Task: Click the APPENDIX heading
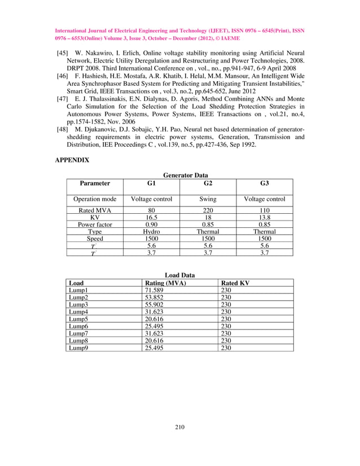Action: [x=72, y=160]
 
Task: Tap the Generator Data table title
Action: [x=182, y=175]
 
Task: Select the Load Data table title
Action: [x=179, y=275]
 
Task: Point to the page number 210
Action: [x=179, y=427]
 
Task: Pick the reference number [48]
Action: [x=62, y=129]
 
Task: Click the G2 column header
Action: [x=208, y=183]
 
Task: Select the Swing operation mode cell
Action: [x=208, y=199]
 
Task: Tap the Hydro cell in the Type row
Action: [x=151, y=231]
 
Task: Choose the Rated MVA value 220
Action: [x=208, y=210]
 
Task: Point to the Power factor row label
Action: [x=95, y=224]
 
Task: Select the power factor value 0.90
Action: [x=151, y=224]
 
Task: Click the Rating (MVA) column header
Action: [x=165, y=283]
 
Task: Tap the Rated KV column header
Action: [x=235, y=283]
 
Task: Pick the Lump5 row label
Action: [x=79, y=319]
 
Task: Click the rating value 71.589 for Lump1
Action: [x=156, y=290]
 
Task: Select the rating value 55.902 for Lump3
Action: [x=156, y=304]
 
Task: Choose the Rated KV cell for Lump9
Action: [x=226, y=348]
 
